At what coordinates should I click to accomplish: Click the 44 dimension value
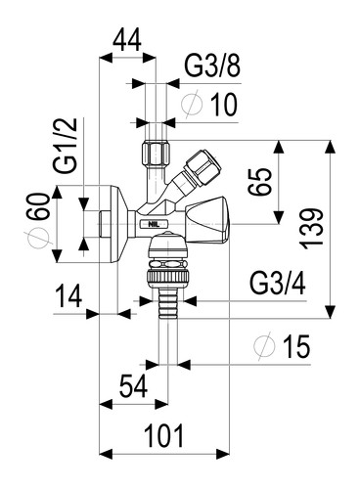(127, 39)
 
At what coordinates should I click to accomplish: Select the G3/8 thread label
(212, 66)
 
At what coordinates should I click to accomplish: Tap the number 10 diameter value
(224, 105)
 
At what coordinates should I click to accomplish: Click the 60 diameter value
(39, 206)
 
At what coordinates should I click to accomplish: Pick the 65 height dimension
(259, 181)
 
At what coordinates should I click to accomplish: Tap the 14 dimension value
(68, 295)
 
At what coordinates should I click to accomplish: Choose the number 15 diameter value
(295, 346)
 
